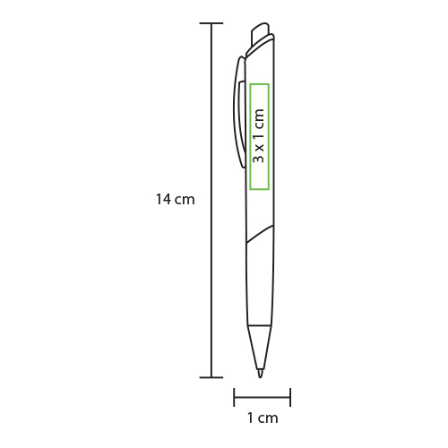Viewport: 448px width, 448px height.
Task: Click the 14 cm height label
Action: point(176,200)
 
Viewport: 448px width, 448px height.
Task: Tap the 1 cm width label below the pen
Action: point(263,418)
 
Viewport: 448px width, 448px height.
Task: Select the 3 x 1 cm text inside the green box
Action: point(259,136)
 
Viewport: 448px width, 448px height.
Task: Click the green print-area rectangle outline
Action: point(250,137)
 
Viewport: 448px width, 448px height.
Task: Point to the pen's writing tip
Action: point(260,374)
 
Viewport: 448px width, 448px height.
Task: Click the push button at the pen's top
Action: point(261,33)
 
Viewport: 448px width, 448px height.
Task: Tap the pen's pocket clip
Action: point(239,112)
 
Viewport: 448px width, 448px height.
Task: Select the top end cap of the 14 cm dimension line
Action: point(211,23)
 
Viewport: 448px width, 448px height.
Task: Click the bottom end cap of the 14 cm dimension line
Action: point(211,377)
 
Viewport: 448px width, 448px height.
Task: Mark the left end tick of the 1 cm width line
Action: point(234,397)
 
